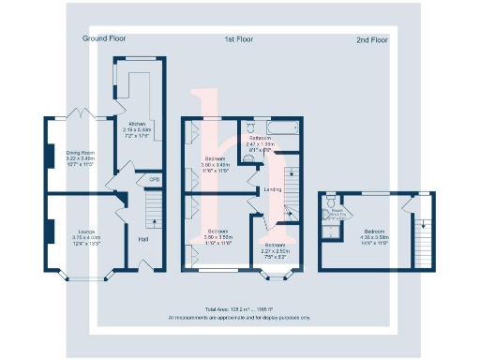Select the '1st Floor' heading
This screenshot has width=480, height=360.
tap(239, 38)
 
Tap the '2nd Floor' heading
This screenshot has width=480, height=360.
tap(371, 40)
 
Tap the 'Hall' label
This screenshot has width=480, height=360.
tap(142, 239)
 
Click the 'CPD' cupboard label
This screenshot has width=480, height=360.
tap(154, 179)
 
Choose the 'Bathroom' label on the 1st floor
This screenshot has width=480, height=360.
tap(260, 137)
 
